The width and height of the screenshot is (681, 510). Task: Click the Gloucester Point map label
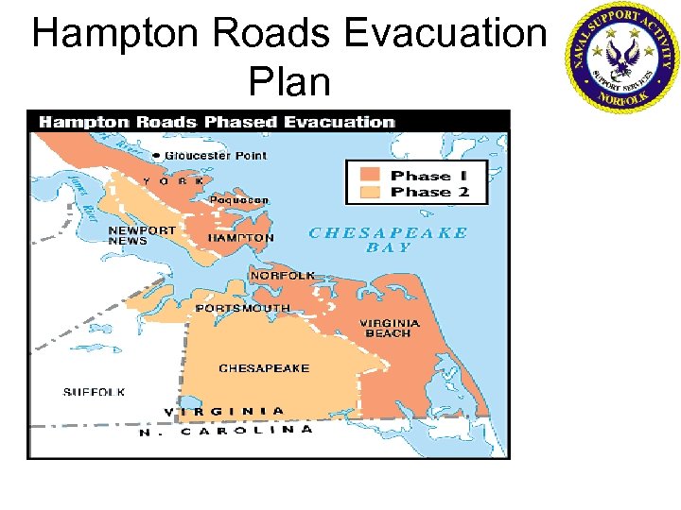[x=216, y=156]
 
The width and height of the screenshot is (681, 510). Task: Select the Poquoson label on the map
[x=238, y=200]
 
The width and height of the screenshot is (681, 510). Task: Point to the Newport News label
[x=142, y=235]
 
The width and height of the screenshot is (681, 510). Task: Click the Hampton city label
[x=240, y=238]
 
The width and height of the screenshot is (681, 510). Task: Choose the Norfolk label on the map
[x=282, y=276]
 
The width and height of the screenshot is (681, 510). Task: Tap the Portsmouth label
[x=242, y=308]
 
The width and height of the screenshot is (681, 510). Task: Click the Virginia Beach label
[x=389, y=328]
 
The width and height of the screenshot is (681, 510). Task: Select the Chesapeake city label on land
[x=264, y=368]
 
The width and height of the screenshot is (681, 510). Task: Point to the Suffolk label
[x=94, y=392]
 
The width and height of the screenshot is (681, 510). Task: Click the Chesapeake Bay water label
[x=389, y=240]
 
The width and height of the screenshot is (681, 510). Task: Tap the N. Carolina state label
[x=227, y=431]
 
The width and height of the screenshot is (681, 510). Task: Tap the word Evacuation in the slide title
[x=445, y=34]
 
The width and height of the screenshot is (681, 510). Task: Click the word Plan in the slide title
[x=289, y=82]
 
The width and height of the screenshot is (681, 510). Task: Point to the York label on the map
[x=173, y=180]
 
